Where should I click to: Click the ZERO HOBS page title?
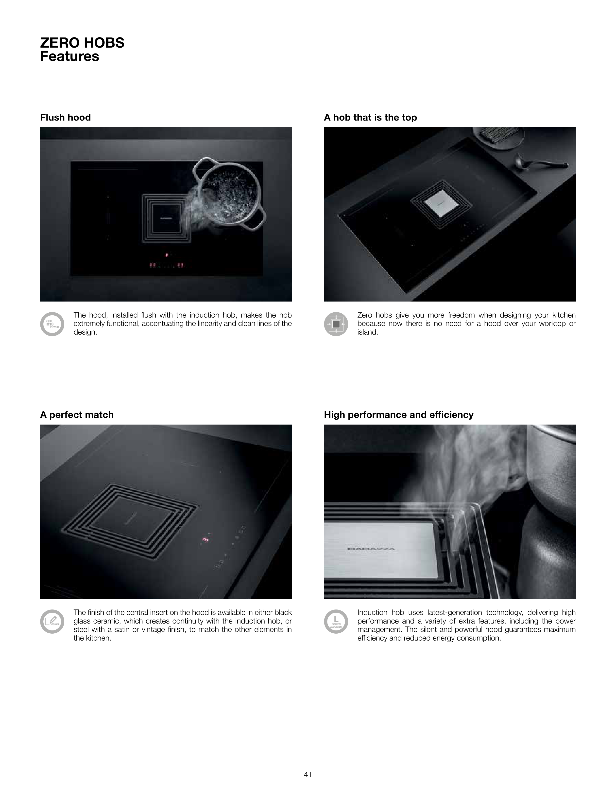82,43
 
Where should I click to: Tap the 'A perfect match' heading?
77,415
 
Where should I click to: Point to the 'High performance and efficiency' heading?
399,415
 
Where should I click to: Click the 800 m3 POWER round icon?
52,324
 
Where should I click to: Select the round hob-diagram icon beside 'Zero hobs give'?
336,324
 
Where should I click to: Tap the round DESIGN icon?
52,621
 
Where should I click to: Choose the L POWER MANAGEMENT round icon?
336,621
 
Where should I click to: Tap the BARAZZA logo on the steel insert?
371,549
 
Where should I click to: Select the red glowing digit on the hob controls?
205,539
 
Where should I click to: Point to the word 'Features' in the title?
70,56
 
